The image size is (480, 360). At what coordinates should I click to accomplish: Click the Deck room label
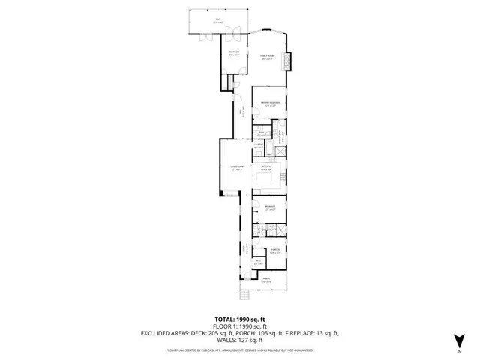(x=218, y=21)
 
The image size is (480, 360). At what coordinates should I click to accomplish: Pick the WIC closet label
(x=258, y=262)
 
